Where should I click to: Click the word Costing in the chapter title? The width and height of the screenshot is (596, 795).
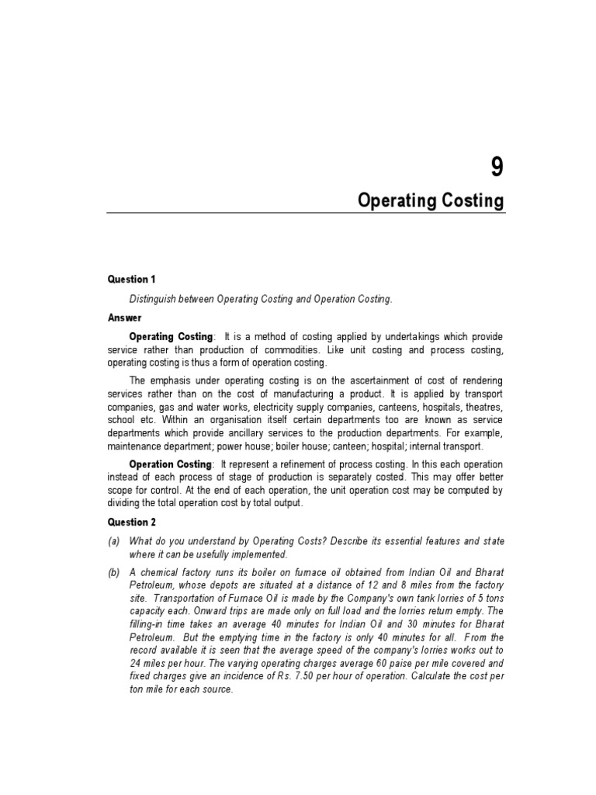470,201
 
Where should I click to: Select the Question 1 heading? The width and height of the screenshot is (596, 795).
132,279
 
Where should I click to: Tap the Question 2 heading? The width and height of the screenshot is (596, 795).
132,522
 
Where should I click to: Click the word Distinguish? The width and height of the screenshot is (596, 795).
155,298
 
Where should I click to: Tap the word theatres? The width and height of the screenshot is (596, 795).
482,407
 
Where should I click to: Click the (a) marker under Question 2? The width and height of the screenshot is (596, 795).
113,540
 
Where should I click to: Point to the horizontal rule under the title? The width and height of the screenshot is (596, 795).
305,214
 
